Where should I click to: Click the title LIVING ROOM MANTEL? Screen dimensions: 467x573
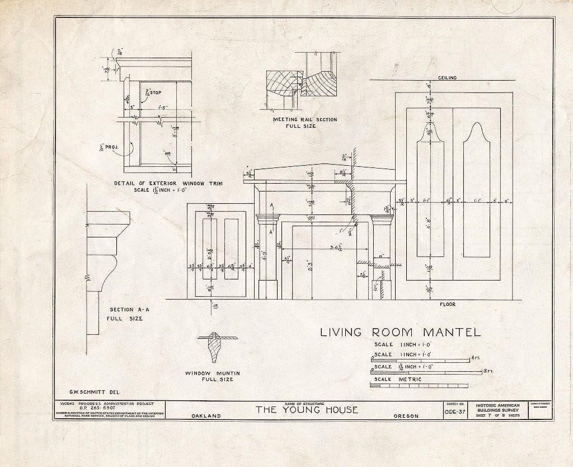pos(400,332)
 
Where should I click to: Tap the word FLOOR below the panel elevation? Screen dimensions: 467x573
pos(447,305)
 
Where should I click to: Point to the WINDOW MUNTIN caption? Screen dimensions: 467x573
pos(209,373)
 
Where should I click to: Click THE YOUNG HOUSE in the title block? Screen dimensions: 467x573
pos(307,410)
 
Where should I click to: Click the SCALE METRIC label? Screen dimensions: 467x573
pos(397,379)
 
